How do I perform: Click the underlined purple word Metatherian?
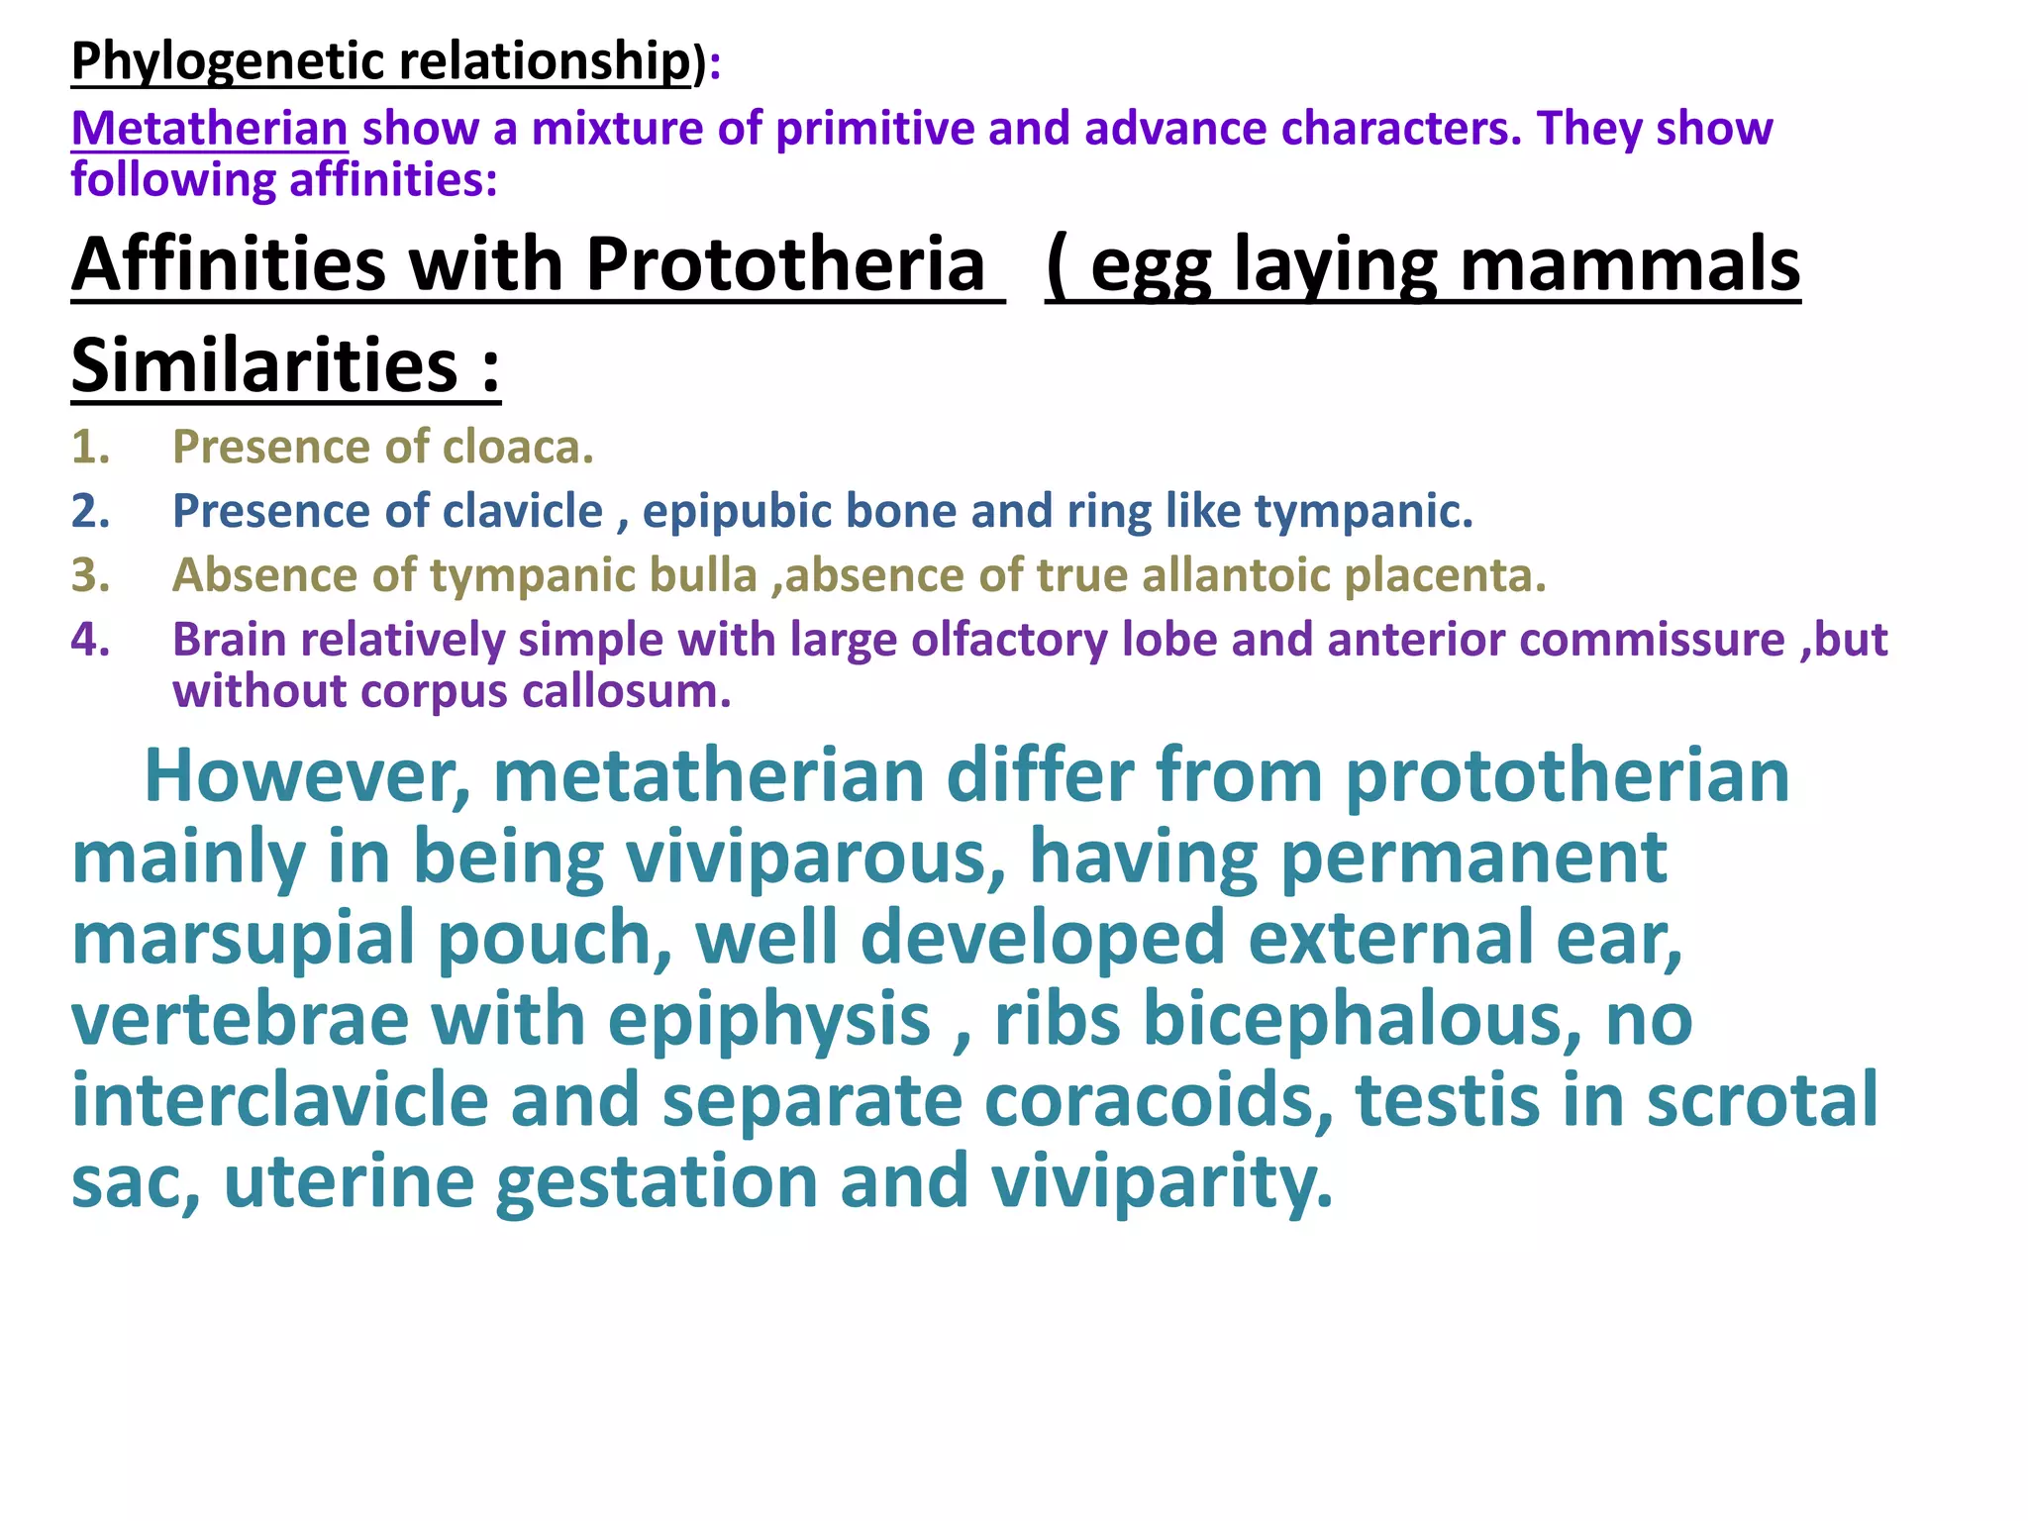209,129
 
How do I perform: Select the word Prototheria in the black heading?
785,264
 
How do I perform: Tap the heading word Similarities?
264,365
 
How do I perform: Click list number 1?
89,448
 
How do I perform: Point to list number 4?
89,640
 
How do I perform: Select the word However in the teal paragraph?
307,775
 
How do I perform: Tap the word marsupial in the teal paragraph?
243,938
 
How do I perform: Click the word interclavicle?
280,1100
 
